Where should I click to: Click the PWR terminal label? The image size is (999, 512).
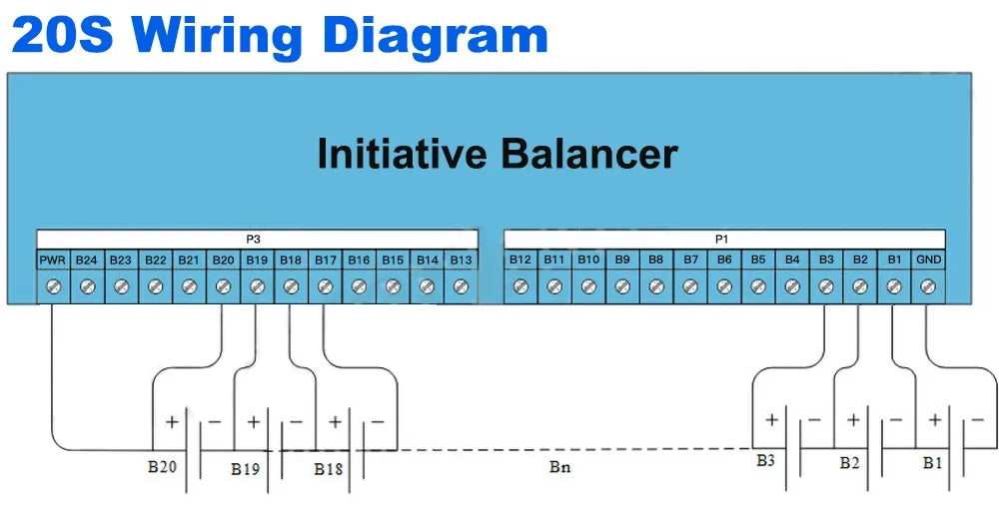[53, 260]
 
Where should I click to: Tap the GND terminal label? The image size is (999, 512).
[928, 260]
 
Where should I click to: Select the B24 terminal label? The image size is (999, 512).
[87, 260]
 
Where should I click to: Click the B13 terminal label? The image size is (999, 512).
[461, 260]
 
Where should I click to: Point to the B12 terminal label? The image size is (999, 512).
[520, 260]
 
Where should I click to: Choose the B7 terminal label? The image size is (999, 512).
[690, 260]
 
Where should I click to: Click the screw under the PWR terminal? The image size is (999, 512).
[53, 286]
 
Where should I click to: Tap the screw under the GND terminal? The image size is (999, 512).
[928, 286]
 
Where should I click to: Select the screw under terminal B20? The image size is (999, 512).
[223, 286]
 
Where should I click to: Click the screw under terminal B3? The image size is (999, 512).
[826, 286]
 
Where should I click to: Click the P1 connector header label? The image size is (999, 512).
[722, 240]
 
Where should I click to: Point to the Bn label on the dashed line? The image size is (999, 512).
[559, 466]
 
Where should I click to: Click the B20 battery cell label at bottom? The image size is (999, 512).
[161, 464]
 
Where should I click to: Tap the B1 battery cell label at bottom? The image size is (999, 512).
[932, 464]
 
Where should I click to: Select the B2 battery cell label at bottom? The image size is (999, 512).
[849, 464]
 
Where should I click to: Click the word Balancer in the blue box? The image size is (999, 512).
[588, 155]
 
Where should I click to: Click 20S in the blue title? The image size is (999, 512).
[61, 35]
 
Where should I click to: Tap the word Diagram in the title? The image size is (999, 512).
[437, 35]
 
